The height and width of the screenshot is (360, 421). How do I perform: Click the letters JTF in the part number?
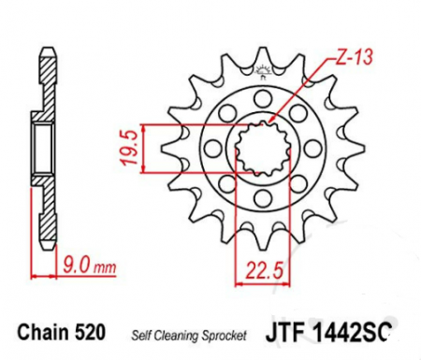[286, 332]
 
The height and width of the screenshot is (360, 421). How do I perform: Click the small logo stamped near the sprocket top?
[261, 68]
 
